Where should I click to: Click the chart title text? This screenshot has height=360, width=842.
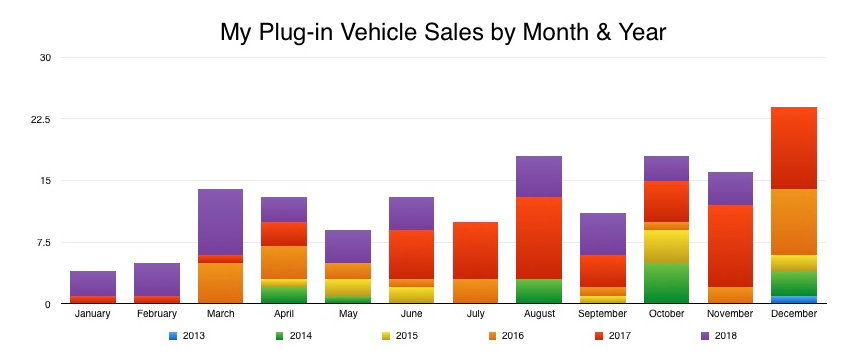(442, 32)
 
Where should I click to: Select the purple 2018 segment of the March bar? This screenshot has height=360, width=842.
(220, 222)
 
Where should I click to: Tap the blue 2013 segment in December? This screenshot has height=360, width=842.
(794, 299)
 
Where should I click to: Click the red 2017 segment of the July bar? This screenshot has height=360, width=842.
(475, 250)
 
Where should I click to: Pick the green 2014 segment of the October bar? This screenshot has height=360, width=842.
(666, 283)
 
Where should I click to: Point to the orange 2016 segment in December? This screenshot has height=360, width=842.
(794, 222)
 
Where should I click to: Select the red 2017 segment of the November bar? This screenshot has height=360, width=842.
(730, 246)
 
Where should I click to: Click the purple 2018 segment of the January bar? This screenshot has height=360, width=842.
(93, 283)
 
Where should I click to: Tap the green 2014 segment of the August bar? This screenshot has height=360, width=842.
(539, 291)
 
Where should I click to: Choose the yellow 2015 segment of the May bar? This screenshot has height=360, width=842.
(348, 288)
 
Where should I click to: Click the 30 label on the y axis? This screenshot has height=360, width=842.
(44, 57)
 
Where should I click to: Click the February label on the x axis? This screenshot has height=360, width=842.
(157, 314)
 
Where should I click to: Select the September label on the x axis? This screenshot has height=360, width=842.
(603, 314)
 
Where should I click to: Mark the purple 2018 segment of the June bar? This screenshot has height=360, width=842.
(411, 213)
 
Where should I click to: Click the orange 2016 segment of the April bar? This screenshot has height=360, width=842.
(284, 262)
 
